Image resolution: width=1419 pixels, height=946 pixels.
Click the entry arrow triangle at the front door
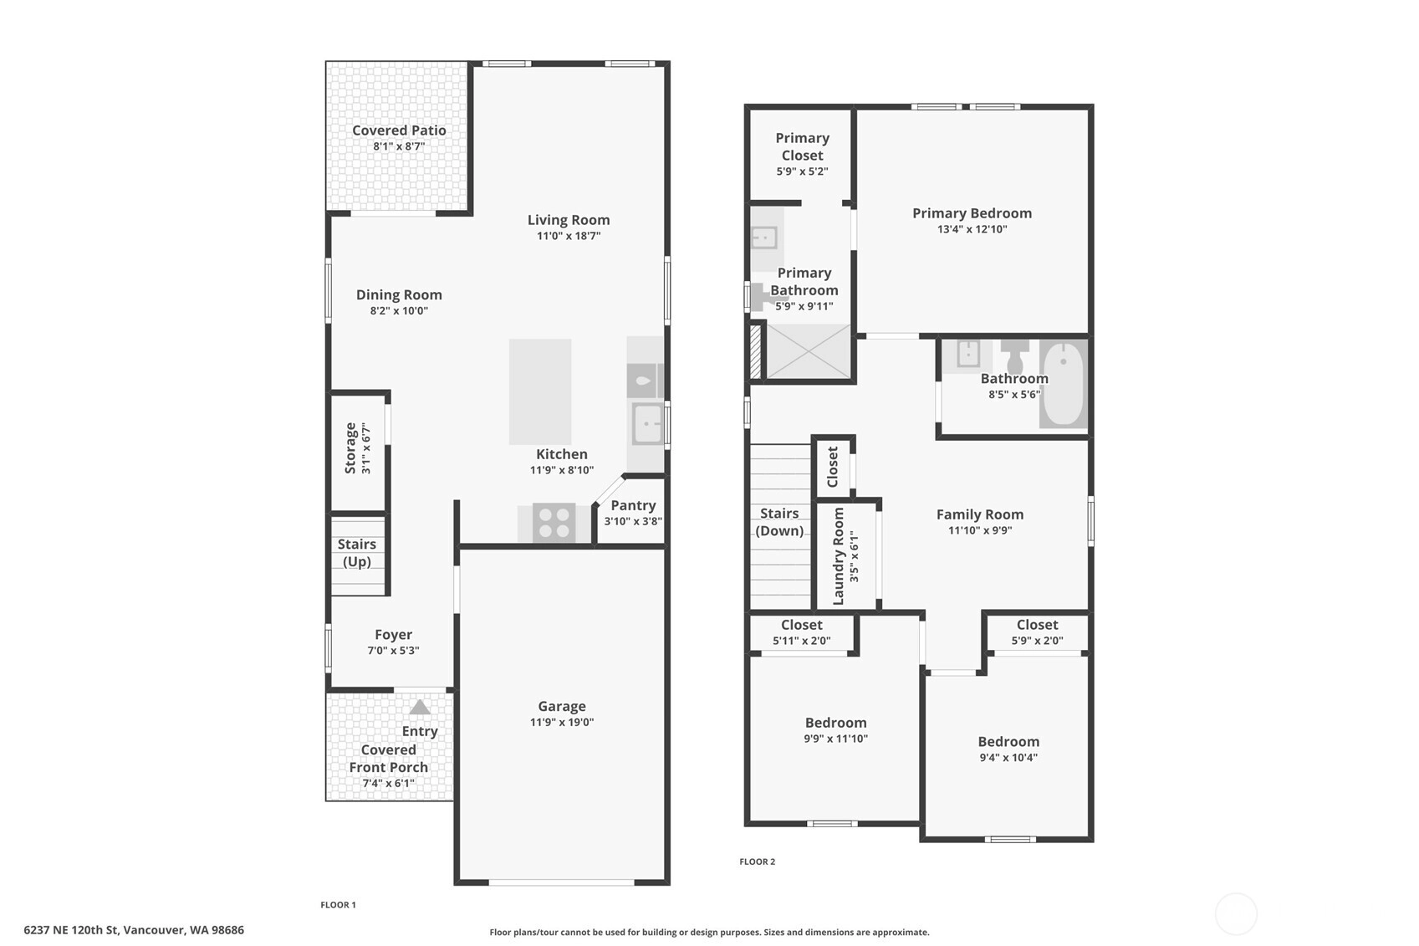420,707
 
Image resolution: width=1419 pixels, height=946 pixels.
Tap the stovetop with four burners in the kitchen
554,523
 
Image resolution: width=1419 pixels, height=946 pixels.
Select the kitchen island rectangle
540,391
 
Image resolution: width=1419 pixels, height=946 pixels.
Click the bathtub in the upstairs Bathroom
1063,384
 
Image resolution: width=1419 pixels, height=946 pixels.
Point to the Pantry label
634,506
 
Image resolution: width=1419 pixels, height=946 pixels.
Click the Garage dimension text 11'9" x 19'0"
562,723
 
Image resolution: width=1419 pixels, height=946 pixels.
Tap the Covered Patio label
399,130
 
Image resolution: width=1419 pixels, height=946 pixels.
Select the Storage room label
350,448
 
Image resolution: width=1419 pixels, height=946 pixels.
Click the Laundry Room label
838,556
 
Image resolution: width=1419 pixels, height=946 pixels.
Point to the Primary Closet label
803,147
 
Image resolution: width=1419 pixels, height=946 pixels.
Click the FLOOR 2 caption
757,862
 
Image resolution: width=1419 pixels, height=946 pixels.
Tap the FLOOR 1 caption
339,905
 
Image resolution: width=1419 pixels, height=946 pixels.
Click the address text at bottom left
134,930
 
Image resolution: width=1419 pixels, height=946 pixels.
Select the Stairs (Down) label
779,522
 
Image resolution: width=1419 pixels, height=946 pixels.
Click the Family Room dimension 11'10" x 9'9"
980,530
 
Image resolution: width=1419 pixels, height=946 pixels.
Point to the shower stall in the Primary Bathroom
809,351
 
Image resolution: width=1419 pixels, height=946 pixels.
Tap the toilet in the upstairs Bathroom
1015,356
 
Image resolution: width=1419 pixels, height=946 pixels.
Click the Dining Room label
399,294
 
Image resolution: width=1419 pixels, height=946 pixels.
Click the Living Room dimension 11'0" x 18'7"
569,237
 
